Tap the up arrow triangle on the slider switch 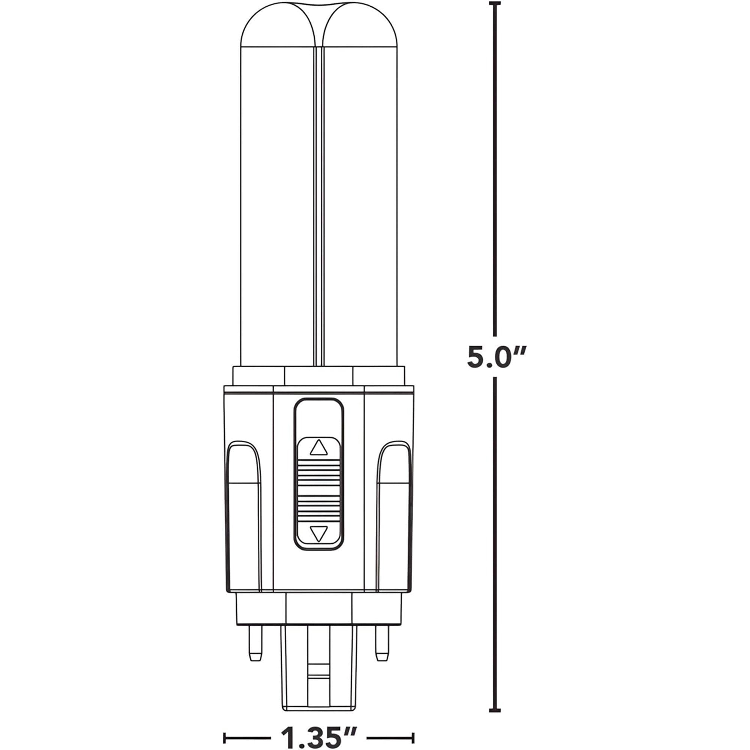point(319,448)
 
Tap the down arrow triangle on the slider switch point(319,533)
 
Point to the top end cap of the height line point(494,4)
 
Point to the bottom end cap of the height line point(494,688)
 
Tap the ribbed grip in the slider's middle point(319,490)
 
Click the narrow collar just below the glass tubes point(319,375)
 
